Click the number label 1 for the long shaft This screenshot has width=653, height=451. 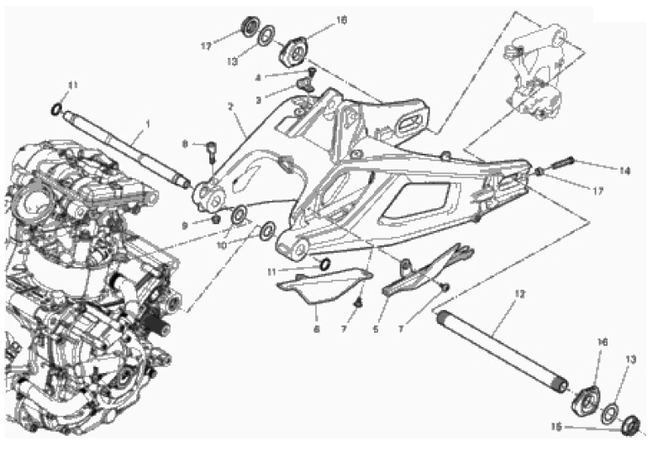click(147, 123)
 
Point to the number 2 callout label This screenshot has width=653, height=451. click(229, 107)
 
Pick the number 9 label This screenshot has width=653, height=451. click(185, 224)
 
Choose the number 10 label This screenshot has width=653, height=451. click(221, 245)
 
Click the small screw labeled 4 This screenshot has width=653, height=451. click(311, 75)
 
